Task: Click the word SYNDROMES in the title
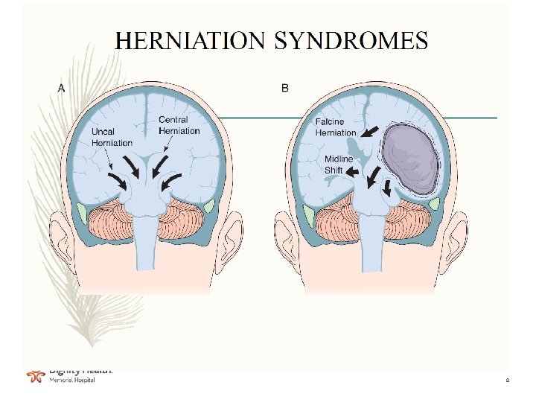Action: pos(351,40)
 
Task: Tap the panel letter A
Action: pos(61,88)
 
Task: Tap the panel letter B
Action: pos(285,88)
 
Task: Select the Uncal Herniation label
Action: pos(112,137)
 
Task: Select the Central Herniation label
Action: pos(179,125)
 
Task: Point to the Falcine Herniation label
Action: pos(336,127)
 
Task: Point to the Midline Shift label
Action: pos(339,165)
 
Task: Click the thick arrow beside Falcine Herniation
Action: pos(368,133)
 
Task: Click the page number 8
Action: pos(507,381)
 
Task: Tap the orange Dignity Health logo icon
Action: pos(34,377)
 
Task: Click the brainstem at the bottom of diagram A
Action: pos(147,246)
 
